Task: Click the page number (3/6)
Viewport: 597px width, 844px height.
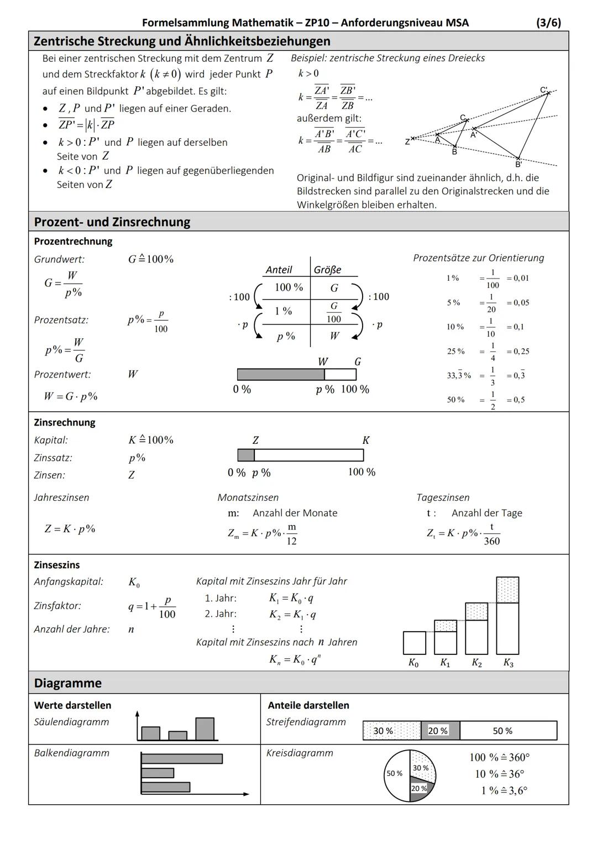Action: (x=548, y=23)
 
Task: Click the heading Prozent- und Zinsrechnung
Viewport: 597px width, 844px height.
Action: (x=112, y=222)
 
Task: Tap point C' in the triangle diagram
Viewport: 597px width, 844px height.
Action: (x=548, y=93)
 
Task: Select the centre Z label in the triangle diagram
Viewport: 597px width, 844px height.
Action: (x=408, y=141)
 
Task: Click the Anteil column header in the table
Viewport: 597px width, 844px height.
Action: (x=279, y=270)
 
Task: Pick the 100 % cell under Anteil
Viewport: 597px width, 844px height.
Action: (x=289, y=287)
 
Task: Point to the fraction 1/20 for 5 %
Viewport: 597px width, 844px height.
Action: (x=491, y=303)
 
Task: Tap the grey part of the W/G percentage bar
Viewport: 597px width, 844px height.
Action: (x=280, y=375)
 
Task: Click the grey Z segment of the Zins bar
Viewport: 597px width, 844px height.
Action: (x=246, y=455)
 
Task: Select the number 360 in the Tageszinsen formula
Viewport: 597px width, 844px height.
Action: (x=491, y=541)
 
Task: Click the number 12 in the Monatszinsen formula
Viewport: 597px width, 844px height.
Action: (x=291, y=541)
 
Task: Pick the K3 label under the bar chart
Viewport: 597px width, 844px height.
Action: (x=508, y=663)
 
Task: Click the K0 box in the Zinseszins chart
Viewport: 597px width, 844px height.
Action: (x=415, y=643)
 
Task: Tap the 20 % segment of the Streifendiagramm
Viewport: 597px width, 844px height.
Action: (x=440, y=731)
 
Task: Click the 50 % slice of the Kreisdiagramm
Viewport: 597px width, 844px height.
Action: (x=396, y=774)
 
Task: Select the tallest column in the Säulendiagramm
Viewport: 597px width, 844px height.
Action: (x=205, y=728)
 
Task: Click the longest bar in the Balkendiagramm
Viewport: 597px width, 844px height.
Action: (x=182, y=759)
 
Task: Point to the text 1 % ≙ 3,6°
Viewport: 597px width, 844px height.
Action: (x=504, y=790)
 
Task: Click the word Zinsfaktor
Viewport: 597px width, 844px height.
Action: (x=57, y=606)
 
